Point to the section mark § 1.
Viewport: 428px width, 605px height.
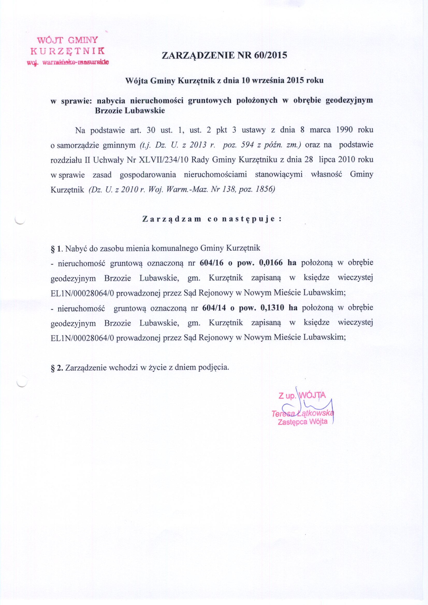point(56,248)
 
